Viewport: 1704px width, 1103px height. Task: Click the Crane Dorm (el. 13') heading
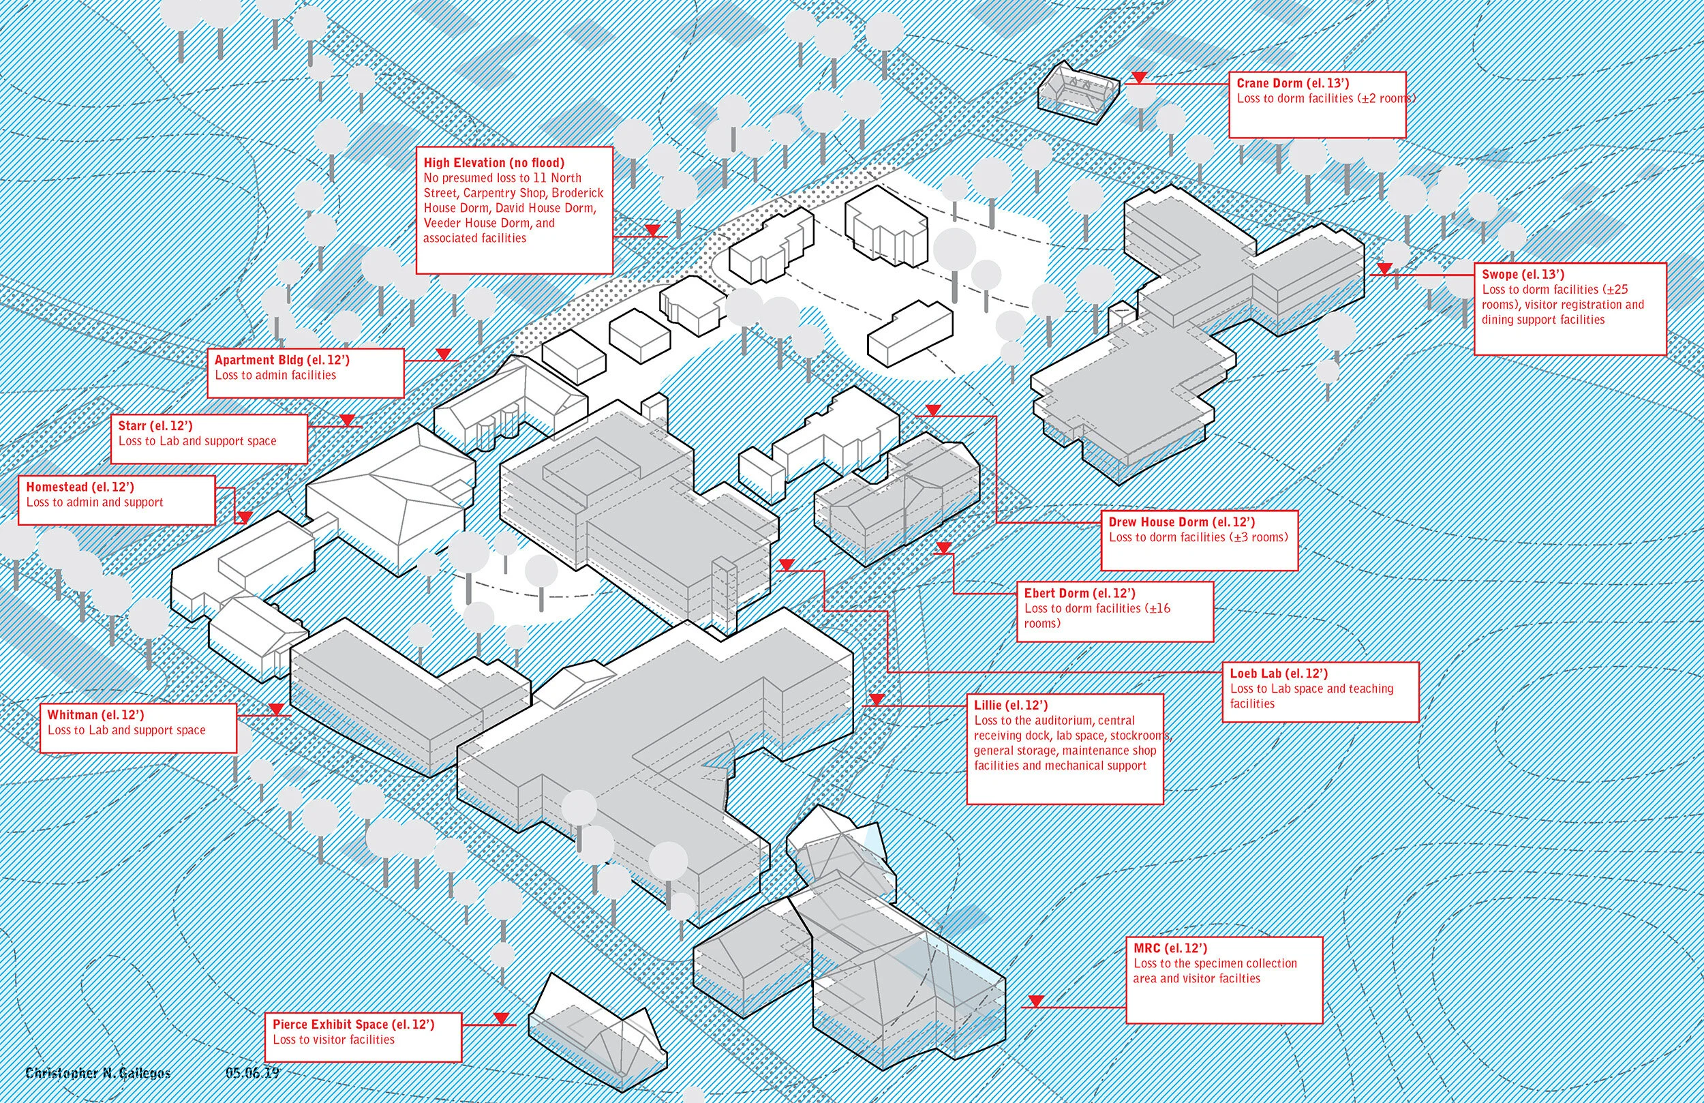point(1292,83)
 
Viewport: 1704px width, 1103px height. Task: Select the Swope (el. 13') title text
point(1523,274)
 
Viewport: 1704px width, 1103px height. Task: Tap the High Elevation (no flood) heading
point(494,162)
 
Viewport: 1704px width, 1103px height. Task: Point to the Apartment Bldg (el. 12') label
point(282,359)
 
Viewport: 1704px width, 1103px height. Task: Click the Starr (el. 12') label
point(155,425)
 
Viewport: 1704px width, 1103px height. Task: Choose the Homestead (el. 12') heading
point(80,487)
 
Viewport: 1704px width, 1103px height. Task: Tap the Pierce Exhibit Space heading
point(354,1024)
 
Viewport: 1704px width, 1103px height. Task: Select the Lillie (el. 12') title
point(1010,705)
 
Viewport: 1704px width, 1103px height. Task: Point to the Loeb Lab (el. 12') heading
point(1279,674)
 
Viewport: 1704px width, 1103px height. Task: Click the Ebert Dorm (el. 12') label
point(1080,593)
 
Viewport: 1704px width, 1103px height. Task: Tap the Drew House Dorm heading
point(1181,522)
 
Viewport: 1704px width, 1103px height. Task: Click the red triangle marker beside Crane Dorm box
point(1139,77)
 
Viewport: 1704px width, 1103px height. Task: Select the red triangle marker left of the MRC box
point(1035,1001)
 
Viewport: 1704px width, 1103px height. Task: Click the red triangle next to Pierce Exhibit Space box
point(501,1018)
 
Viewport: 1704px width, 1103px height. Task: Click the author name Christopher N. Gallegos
point(98,1073)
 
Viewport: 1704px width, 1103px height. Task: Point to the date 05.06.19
point(252,1073)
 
